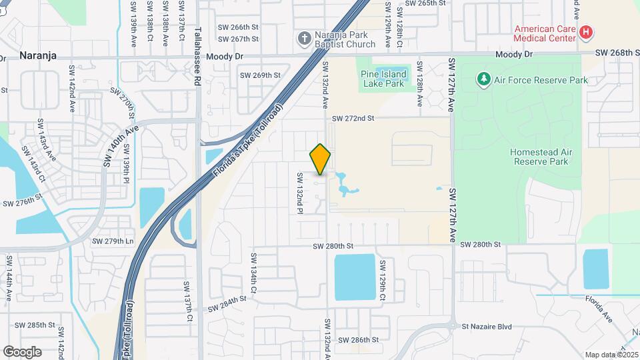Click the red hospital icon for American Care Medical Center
coord(585,32)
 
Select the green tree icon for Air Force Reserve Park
coord(484,80)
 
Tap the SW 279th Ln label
coord(113,241)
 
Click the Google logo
coord(22,351)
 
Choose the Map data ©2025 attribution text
coord(612,355)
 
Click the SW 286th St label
coord(360,340)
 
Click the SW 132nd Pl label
coord(300,193)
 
